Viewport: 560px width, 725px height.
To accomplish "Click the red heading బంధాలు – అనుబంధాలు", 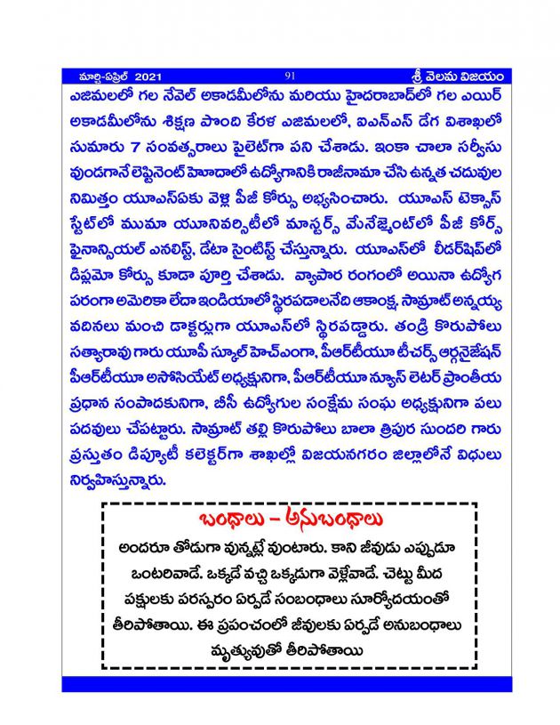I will pos(290,520).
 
